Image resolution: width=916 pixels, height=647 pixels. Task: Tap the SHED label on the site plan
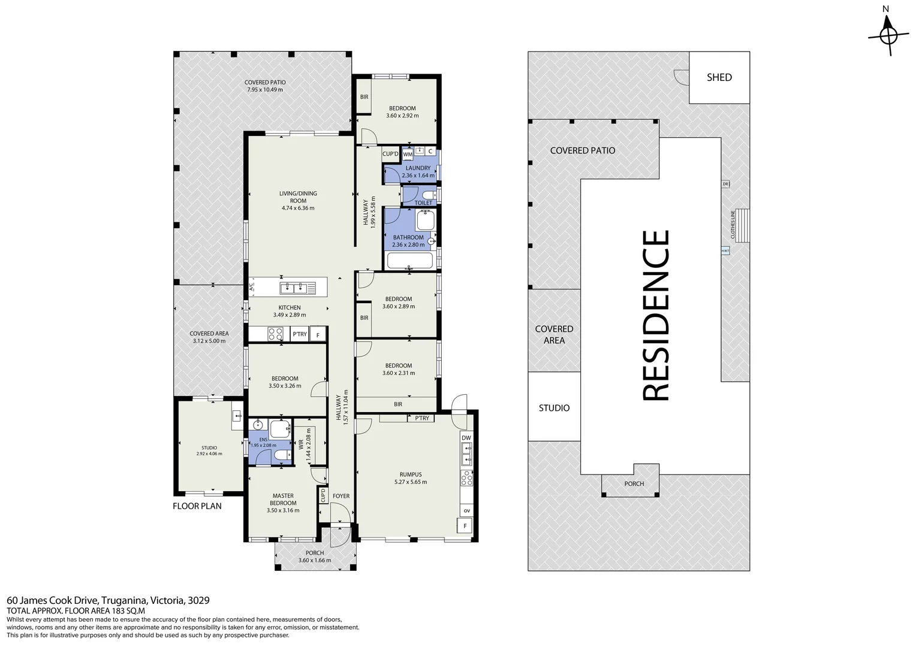[719, 77]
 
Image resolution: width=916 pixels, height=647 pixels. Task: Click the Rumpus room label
[410, 474]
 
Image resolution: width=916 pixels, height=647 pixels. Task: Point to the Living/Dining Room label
[298, 194]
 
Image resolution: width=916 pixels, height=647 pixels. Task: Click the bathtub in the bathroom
[410, 261]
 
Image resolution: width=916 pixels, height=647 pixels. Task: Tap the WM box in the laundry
[408, 155]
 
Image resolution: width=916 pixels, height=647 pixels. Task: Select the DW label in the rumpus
[466, 438]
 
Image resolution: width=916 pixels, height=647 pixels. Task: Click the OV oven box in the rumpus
[466, 510]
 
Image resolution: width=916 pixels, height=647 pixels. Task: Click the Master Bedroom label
[283, 499]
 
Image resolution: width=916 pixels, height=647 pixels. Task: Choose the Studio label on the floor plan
[209, 448]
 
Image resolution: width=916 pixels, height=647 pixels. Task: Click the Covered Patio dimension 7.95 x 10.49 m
[265, 90]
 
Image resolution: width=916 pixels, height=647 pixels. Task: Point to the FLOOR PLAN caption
[197, 506]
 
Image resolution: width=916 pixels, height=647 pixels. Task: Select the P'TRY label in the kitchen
[299, 335]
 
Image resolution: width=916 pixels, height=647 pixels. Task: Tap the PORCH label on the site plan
[634, 483]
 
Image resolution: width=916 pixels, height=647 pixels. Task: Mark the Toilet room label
[423, 203]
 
